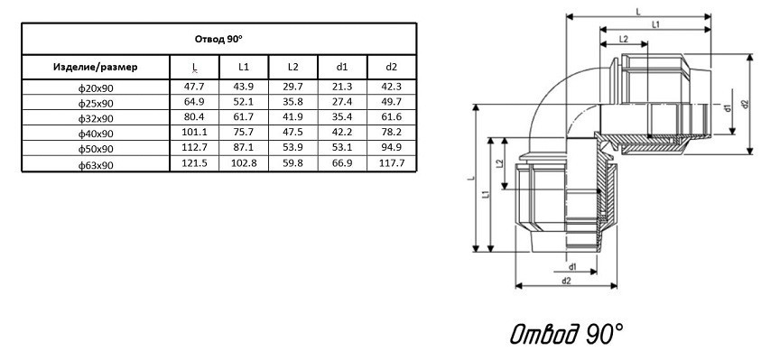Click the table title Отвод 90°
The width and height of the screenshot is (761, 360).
point(218,40)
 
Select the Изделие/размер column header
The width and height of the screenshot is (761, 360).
point(95,67)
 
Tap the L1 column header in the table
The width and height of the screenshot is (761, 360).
point(244,67)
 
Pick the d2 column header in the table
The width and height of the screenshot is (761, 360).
point(391,67)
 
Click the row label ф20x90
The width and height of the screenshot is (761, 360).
point(96,88)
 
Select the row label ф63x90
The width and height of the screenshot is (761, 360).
point(96,165)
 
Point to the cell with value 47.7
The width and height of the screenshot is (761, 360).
point(194,88)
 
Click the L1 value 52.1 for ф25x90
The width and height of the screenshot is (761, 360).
point(244,102)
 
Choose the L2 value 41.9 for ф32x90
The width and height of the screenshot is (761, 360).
point(292,117)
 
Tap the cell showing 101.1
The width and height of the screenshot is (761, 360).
point(194,133)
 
